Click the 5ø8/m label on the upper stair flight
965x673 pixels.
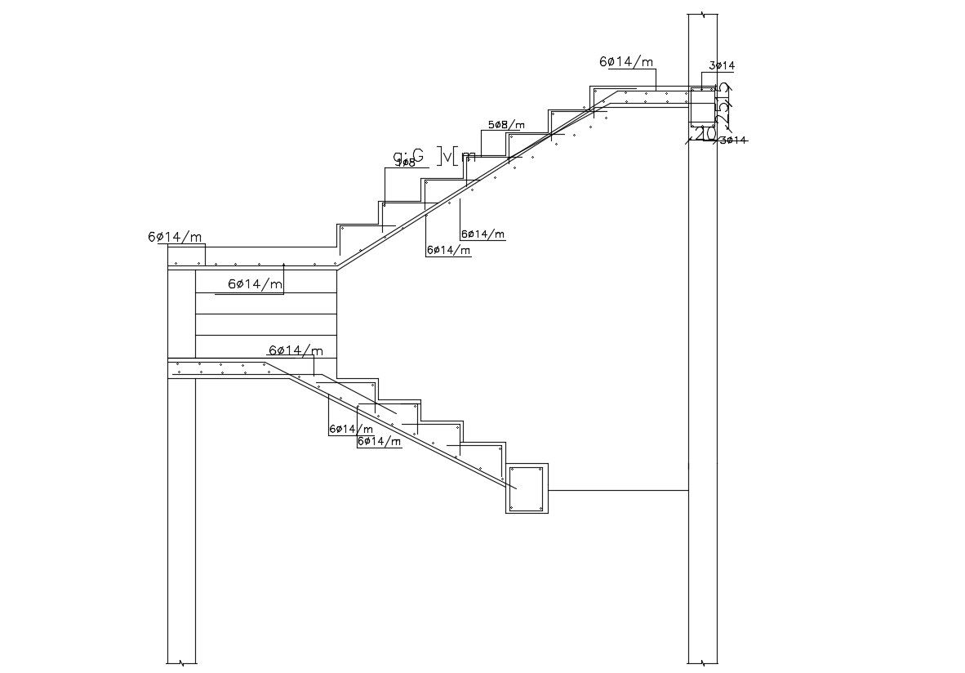(x=506, y=125)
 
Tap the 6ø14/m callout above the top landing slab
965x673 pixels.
(x=626, y=62)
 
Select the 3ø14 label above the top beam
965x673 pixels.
(x=722, y=65)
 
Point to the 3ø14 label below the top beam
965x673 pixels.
(x=732, y=140)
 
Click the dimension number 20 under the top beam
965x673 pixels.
(x=706, y=133)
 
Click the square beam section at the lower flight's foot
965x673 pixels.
(x=527, y=488)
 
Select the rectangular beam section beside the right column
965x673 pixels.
(x=702, y=106)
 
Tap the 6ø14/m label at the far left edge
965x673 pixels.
(x=175, y=237)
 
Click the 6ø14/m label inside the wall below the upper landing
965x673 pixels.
(x=255, y=284)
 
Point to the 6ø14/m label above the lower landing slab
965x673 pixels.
(x=295, y=351)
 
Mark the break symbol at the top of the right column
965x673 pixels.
(x=702, y=14)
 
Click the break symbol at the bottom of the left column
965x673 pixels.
(x=181, y=662)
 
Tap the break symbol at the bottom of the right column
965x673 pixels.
(x=702, y=662)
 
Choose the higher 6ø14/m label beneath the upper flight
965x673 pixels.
(x=482, y=234)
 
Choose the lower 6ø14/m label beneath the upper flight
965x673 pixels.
(x=448, y=251)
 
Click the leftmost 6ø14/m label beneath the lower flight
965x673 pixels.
(x=351, y=429)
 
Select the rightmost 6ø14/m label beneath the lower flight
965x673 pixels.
(x=380, y=442)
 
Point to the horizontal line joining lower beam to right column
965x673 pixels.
(x=618, y=490)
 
